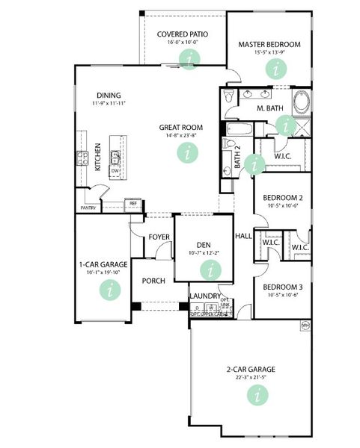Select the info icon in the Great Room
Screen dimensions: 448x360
coord(184,152)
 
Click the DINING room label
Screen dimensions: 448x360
coord(109,95)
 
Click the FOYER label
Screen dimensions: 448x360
coord(159,237)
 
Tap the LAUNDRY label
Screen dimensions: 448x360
coord(205,296)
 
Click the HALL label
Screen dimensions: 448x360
coord(243,236)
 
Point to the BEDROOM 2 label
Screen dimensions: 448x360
coord(282,198)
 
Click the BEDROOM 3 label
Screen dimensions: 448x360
coord(282,287)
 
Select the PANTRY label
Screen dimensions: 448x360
coord(89,209)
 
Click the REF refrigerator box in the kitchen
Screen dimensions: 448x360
coord(133,203)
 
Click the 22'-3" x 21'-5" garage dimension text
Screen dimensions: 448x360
coord(251,377)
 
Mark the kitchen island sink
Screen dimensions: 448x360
coord(116,156)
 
